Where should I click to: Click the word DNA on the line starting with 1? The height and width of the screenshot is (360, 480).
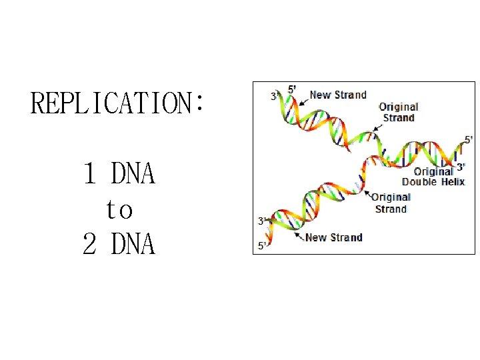(133, 175)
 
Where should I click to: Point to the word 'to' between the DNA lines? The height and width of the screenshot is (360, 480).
(119, 210)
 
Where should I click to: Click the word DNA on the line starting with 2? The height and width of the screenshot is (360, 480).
(133, 245)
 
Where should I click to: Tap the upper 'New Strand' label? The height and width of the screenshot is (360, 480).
(338, 95)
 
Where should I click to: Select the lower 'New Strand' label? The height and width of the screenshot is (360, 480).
(333, 237)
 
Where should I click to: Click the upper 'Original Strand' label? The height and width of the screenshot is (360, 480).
(398, 112)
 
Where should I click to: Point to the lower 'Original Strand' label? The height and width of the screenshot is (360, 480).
(391, 203)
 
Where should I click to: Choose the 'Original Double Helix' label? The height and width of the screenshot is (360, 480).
(433, 177)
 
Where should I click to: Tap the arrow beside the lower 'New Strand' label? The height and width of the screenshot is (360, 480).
(297, 235)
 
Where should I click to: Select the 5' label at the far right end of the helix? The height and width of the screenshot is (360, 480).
(469, 140)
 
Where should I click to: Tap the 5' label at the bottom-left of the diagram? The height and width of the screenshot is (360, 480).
(263, 246)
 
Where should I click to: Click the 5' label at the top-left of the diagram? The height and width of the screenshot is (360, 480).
(292, 89)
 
